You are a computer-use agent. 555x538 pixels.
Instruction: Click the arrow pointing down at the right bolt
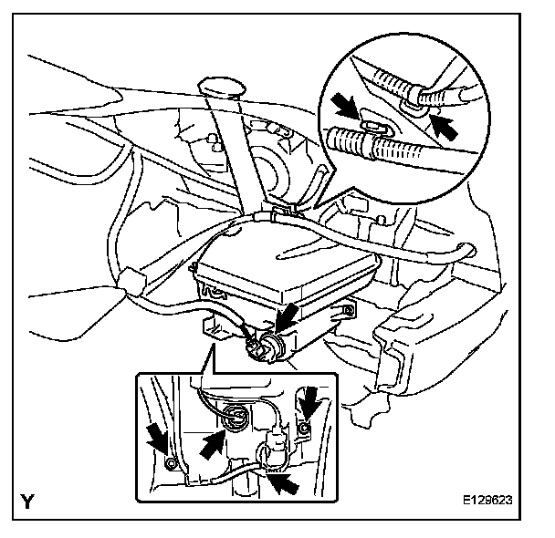point(309,400)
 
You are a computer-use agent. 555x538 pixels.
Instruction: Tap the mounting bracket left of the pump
point(215,325)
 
